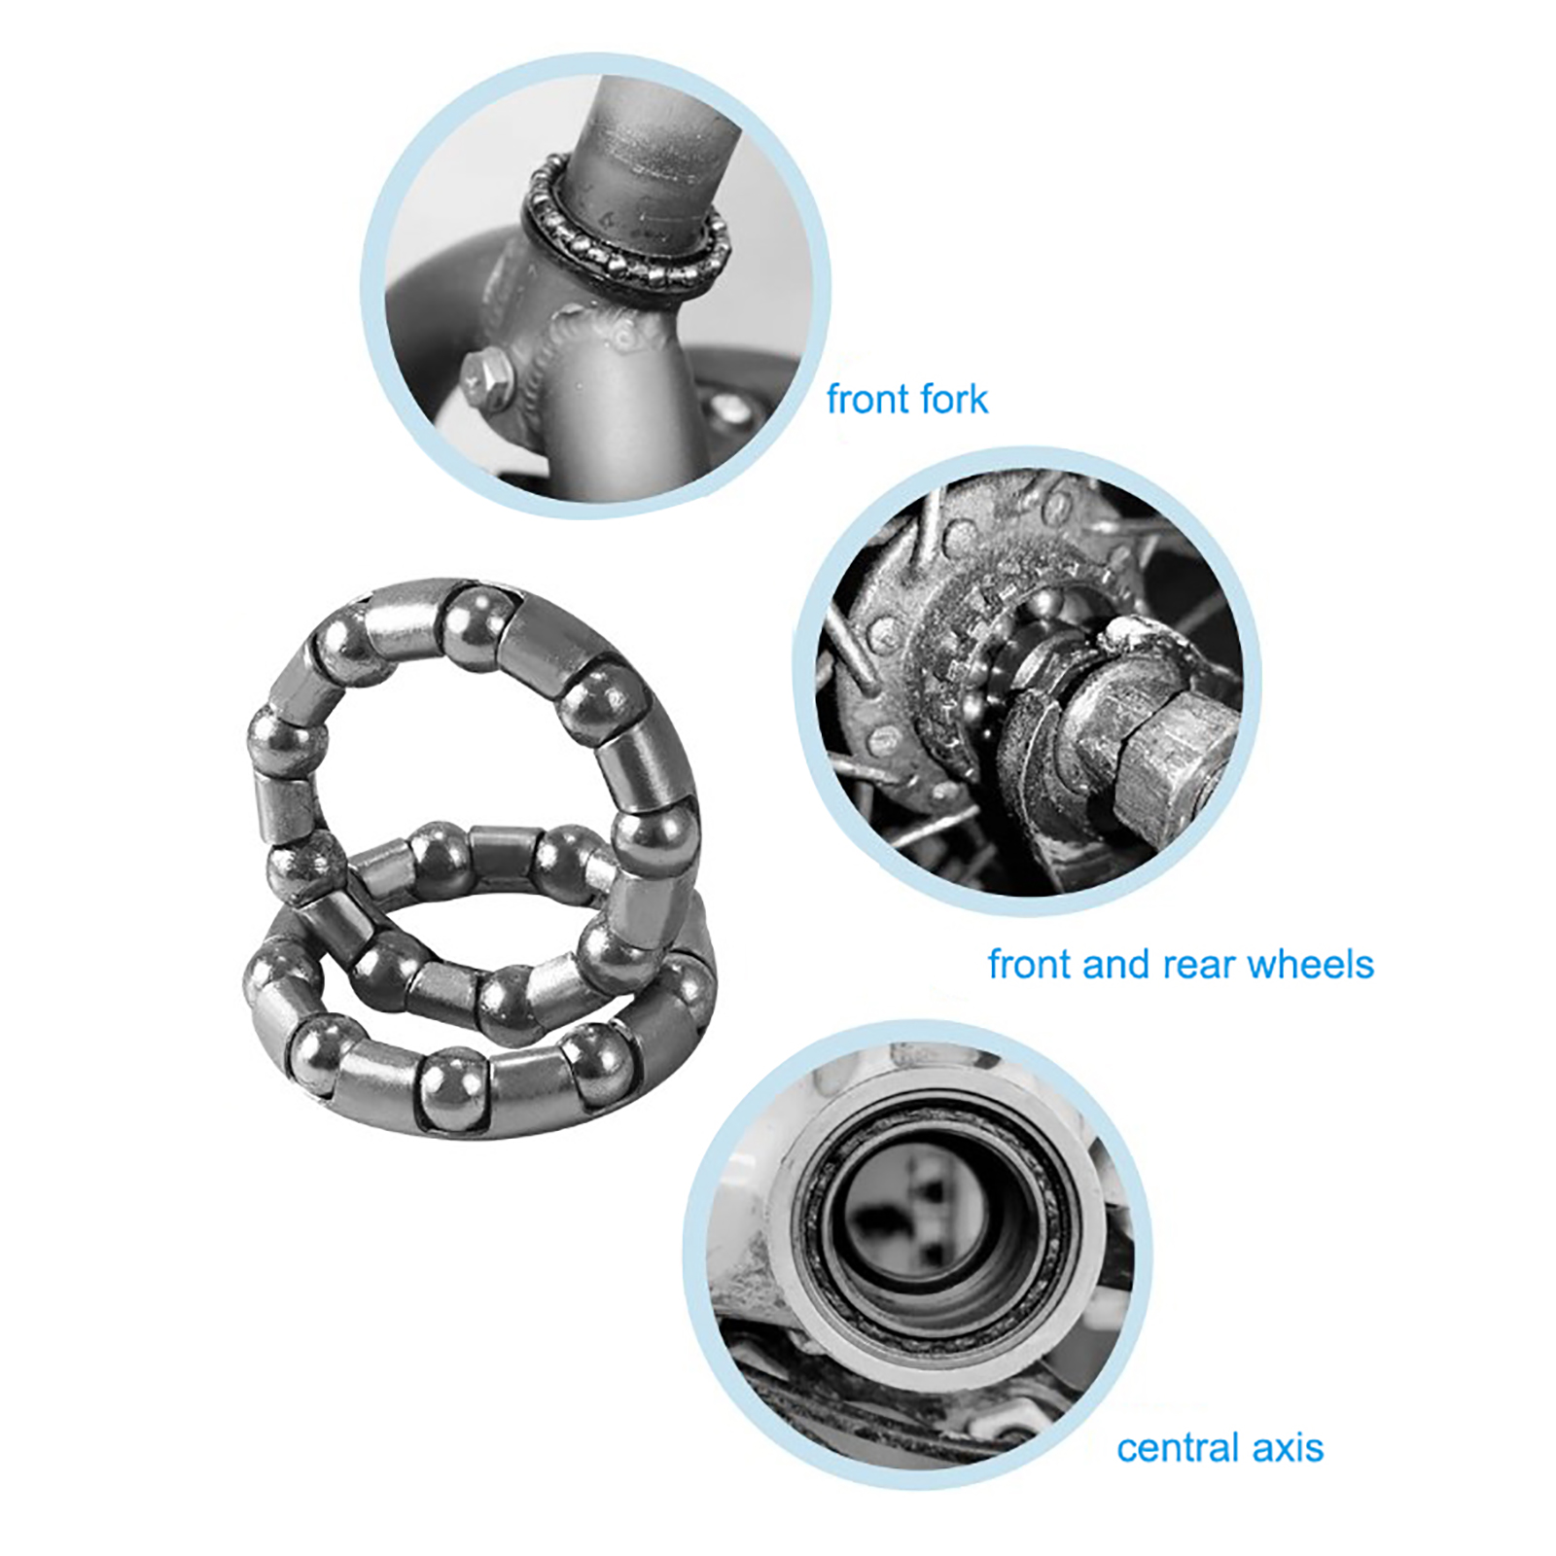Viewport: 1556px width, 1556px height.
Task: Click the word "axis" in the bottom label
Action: (x=1288, y=1448)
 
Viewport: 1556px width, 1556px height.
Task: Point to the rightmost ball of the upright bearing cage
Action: (x=656, y=841)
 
